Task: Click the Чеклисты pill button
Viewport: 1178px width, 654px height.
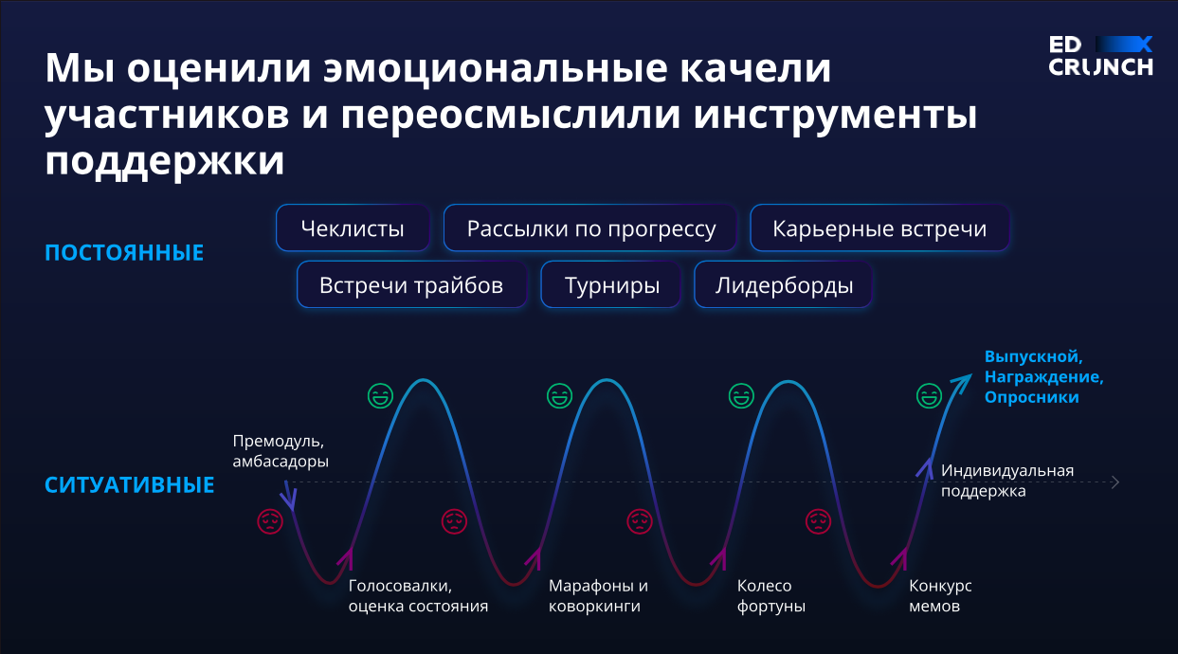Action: [353, 227]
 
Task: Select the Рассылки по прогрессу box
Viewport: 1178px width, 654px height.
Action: [590, 227]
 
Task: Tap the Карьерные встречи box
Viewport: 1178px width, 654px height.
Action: [879, 227]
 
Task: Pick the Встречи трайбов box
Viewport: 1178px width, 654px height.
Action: [411, 284]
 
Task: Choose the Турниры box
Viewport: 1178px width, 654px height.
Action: [611, 284]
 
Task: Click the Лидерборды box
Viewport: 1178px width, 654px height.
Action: [784, 284]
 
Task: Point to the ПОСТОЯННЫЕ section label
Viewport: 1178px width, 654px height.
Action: [124, 253]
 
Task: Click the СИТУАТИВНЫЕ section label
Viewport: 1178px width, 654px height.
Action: [130, 485]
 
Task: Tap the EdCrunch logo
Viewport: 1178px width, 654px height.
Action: [1100, 56]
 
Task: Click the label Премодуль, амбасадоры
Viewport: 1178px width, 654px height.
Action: [281, 451]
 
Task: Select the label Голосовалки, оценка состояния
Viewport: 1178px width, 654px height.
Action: [418, 595]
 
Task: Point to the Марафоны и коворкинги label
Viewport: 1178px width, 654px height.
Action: [598, 595]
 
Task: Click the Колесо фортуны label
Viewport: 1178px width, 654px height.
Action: [770, 595]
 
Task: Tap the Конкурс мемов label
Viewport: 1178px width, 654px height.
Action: [940, 595]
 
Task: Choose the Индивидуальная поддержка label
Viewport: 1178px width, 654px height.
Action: [1007, 481]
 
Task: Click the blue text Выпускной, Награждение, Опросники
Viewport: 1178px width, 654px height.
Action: [1043, 376]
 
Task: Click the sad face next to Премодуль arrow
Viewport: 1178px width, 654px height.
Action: [270, 521]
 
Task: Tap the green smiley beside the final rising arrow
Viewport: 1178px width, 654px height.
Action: [930, 395]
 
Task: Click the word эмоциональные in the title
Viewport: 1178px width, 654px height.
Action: [496, 68]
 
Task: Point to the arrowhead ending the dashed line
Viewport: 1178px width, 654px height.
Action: [1115, 481]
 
